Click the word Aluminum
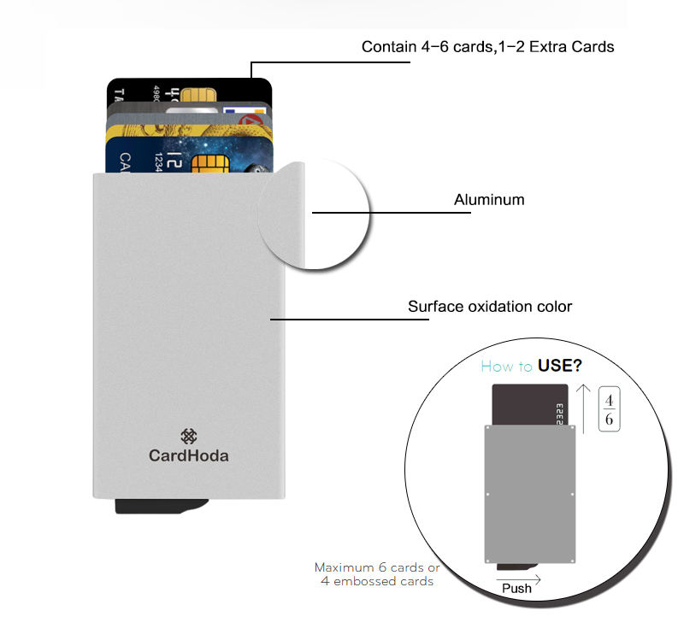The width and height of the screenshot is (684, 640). (x=488, y=200)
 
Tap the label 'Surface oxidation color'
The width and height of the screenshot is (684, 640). (x=490, y=306)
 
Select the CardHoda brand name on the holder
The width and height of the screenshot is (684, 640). (x=189, y=455)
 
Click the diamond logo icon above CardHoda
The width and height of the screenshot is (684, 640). (x=189, y=436)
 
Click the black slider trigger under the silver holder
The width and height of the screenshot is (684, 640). (x=162, y=506)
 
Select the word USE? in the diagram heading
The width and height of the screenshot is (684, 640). (x=560, y=367)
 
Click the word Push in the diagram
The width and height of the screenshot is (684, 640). (x=516, y=588)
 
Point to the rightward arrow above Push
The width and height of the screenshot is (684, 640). (x=518, y=576)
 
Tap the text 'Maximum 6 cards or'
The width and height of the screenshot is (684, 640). (x=377, y=567)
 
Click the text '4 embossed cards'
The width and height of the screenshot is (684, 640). (x=377, y=581)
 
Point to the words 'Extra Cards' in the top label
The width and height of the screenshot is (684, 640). (x=572, y=47)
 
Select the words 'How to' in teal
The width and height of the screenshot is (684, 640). (x=507, y=367)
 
